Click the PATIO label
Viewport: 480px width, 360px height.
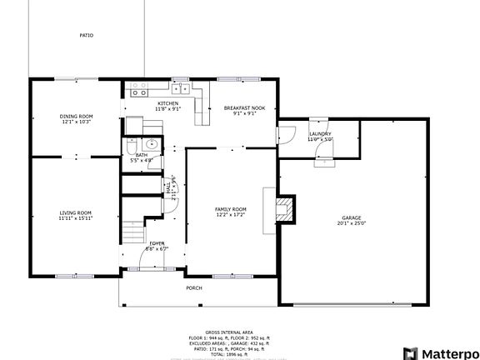[86, 36]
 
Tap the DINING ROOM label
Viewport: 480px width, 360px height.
[75, 116]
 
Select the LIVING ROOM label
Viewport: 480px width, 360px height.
[75, 212]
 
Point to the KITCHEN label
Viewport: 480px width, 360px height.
[167, 103]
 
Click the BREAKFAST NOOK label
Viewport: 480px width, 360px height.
[244, 107]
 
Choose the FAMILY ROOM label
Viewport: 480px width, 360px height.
[231, 208]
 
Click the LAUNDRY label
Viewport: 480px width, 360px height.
[320, 134]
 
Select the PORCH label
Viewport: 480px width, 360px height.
[193, 287]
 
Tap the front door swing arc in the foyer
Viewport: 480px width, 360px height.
[147, 258]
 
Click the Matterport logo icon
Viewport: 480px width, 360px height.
[409, 352]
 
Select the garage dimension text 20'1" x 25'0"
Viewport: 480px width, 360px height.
[352, 223]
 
